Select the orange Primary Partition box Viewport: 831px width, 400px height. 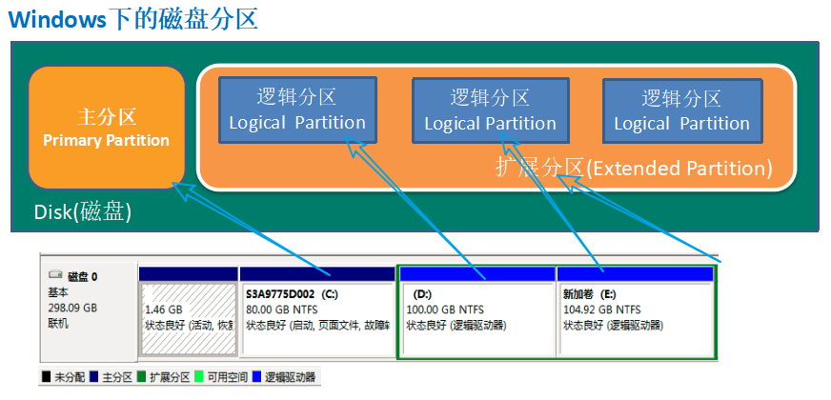coord(106,128)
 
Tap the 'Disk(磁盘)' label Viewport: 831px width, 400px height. coord(82,211)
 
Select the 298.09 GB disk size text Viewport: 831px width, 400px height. coord(72,309)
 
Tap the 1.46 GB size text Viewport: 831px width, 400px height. coord(163,310)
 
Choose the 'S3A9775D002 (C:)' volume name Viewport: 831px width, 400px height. coord(292,294)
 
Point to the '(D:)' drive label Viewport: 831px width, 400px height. coord(423,294)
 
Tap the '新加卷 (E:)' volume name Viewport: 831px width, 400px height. coord(589,294)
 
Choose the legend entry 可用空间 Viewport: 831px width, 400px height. coord(228,378)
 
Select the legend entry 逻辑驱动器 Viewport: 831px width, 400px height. coord(289,378)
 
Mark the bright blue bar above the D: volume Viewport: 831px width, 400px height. coord(476,274)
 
